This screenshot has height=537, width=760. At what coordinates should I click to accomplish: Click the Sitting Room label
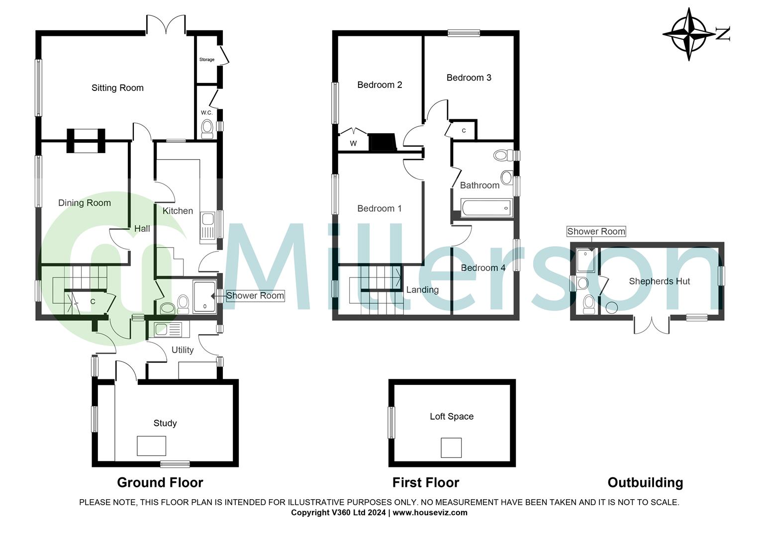[117, 88]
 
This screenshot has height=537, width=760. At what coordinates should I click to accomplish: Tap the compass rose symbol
[689, 34]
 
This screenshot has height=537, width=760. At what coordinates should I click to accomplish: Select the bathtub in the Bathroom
[486, 208]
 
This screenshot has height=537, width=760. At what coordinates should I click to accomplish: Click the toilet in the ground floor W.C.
[207, 129]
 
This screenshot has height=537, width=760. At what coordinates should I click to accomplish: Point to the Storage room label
[207, 60]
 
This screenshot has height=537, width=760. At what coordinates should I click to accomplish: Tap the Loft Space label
[452, 417]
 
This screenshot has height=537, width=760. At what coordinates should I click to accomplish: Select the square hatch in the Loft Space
[451, 447]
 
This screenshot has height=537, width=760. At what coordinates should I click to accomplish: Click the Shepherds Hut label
[659, 281]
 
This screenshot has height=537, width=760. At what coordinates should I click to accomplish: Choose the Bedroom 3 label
[469, 78]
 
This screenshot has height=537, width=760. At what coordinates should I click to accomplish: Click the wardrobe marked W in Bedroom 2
[353, 143]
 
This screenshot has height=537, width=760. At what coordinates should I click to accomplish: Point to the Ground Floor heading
[160, 482]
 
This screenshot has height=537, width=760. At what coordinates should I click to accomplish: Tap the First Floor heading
[426, 482]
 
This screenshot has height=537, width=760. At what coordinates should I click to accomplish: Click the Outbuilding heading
[645, 482]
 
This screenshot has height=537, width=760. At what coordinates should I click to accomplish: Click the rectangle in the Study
[152, 446]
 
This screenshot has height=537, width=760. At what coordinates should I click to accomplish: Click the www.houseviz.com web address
[430, 513]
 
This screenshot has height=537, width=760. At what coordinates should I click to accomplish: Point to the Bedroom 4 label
[483, 268]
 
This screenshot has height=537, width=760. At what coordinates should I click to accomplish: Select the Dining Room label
[85, 203]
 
